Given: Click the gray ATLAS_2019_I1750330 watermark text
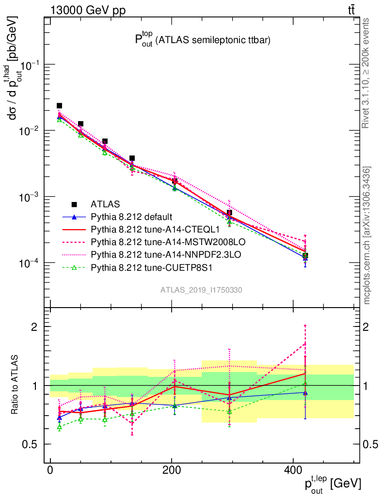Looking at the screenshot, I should pos(202,290).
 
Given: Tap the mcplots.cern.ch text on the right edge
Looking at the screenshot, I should pos(367,236).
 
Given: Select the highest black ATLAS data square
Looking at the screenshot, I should pos(59,106).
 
